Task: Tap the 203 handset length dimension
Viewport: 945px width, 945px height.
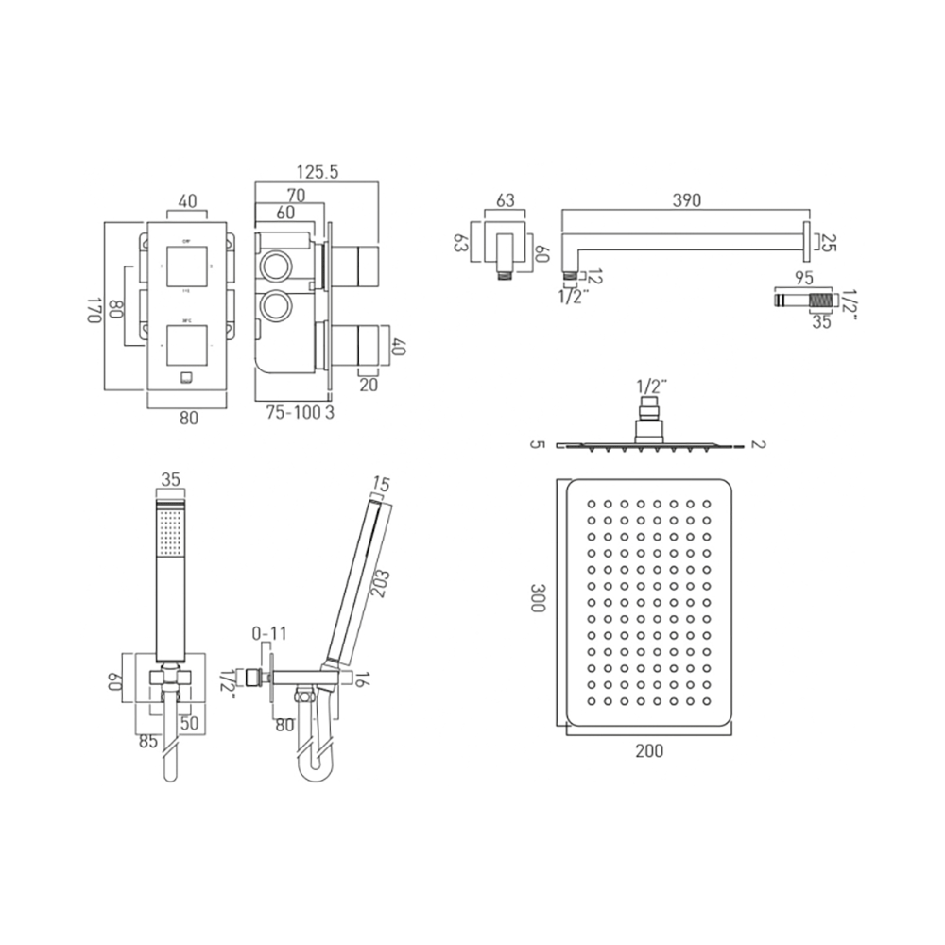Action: click(x=380, y=576)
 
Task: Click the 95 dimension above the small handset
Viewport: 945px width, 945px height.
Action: click(x=805, y=279)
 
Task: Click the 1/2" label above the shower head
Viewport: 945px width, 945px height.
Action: click(x=651, y=386)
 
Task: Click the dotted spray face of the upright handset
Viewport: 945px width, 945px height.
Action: click(x=171, y=531)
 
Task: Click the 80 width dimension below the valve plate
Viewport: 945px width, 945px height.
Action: click(x=188, y=419)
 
